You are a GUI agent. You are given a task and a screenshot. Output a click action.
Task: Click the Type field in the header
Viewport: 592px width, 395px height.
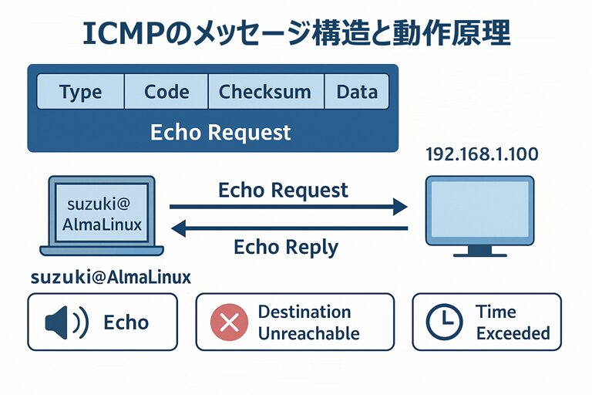(80, 93)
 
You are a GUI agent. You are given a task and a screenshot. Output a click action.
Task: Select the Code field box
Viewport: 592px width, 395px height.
(166, 93)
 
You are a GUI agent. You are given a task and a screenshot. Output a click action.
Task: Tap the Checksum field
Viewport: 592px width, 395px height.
(265, 93)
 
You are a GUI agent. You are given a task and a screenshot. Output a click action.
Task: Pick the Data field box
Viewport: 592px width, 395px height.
(356, 93)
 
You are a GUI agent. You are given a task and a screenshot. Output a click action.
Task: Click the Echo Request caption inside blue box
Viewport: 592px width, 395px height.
(220, 132)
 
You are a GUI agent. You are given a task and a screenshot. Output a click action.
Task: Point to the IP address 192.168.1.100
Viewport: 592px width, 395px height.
(482, 154)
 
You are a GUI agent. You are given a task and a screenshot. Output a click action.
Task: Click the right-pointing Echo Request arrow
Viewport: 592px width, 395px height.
(288, 206)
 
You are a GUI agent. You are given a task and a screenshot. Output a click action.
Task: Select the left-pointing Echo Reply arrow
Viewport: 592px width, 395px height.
(288, 228)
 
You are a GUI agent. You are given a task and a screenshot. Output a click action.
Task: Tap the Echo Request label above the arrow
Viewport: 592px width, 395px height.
(283, 190)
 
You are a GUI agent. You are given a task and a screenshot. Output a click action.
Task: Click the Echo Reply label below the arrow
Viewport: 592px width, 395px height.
(285, 247)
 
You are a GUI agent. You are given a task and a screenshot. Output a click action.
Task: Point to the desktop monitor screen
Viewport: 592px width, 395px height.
(479, 209)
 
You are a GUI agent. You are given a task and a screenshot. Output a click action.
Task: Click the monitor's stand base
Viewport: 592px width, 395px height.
(479, 252)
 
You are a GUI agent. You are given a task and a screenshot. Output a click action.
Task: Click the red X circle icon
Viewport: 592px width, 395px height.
(230, 322)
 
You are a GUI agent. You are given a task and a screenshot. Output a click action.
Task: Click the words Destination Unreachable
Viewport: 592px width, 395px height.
(308, 322)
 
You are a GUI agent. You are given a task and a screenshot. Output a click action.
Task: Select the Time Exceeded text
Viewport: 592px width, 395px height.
(513, 322)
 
